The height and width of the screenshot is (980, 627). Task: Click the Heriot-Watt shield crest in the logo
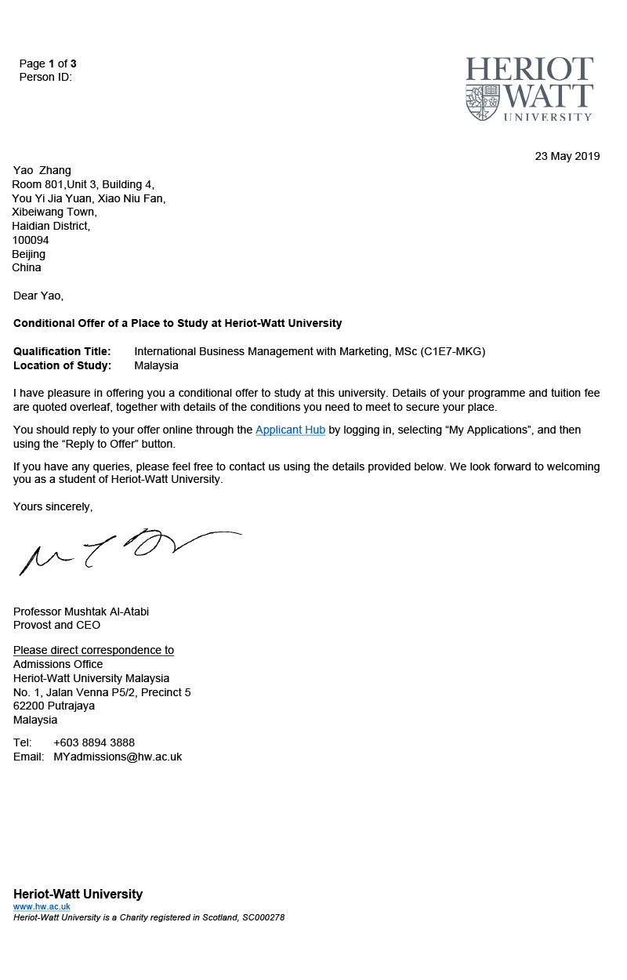(483, 102)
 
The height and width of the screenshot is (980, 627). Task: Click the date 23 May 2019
(567, 156)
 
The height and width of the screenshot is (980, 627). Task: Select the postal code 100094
(31, 240)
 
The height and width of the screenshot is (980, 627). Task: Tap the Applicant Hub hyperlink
(290, 430)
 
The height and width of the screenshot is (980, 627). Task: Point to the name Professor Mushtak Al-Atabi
(81, 612)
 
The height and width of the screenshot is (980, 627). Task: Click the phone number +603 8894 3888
(94, 742)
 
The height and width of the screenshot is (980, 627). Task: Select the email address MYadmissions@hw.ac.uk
(118, 757)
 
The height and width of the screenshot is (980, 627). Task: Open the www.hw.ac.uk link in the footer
(42, 906)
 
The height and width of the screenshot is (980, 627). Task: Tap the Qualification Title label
(62, 351)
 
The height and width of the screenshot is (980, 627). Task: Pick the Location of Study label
(62, 365)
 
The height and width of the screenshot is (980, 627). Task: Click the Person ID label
(45, 77)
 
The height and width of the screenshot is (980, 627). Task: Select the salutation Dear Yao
(38, 296)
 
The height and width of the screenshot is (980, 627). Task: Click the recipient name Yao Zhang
(42, 170)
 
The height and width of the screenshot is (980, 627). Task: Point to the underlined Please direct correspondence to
(93, 650)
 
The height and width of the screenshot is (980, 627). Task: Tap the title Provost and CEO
(56, 625)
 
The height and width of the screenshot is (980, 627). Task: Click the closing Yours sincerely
(53, 506)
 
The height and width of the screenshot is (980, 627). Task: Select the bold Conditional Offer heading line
(177, 323)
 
